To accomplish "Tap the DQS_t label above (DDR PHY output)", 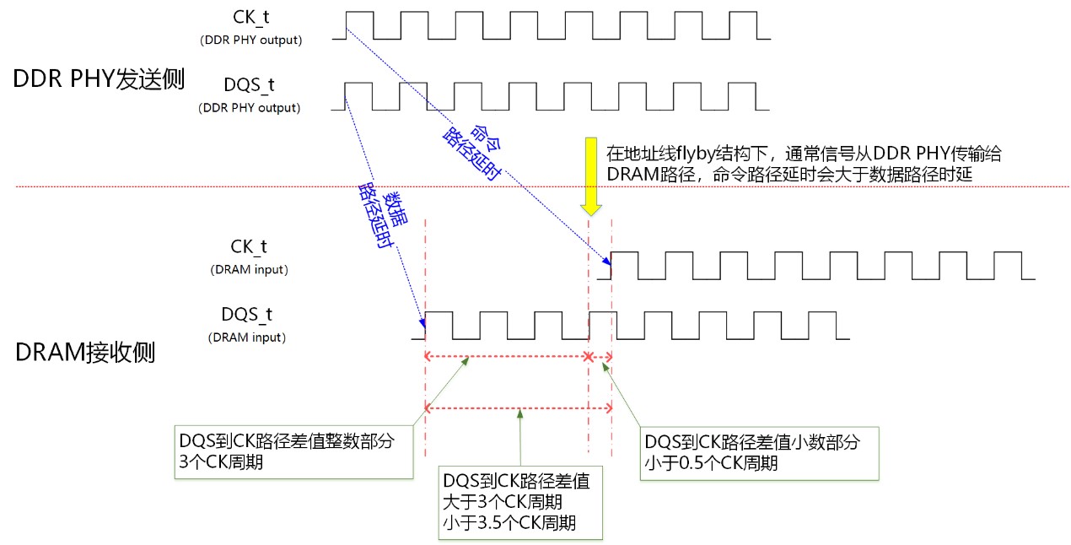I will [x=249, y=87].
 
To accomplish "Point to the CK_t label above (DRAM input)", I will [x=250, y=247].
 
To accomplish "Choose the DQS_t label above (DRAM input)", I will [x=247, y=315].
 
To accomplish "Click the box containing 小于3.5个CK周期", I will [x=521, y=502].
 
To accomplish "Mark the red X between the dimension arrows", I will [x=589, y=357].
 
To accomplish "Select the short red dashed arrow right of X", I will [x=601, y=357].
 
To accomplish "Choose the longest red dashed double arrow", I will [x=519, y=408].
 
